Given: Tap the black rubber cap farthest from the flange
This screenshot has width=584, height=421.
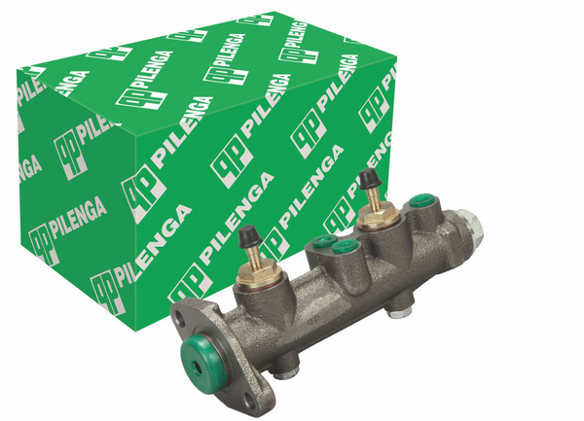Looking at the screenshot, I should pyautogui.click(x=366, y=181).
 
